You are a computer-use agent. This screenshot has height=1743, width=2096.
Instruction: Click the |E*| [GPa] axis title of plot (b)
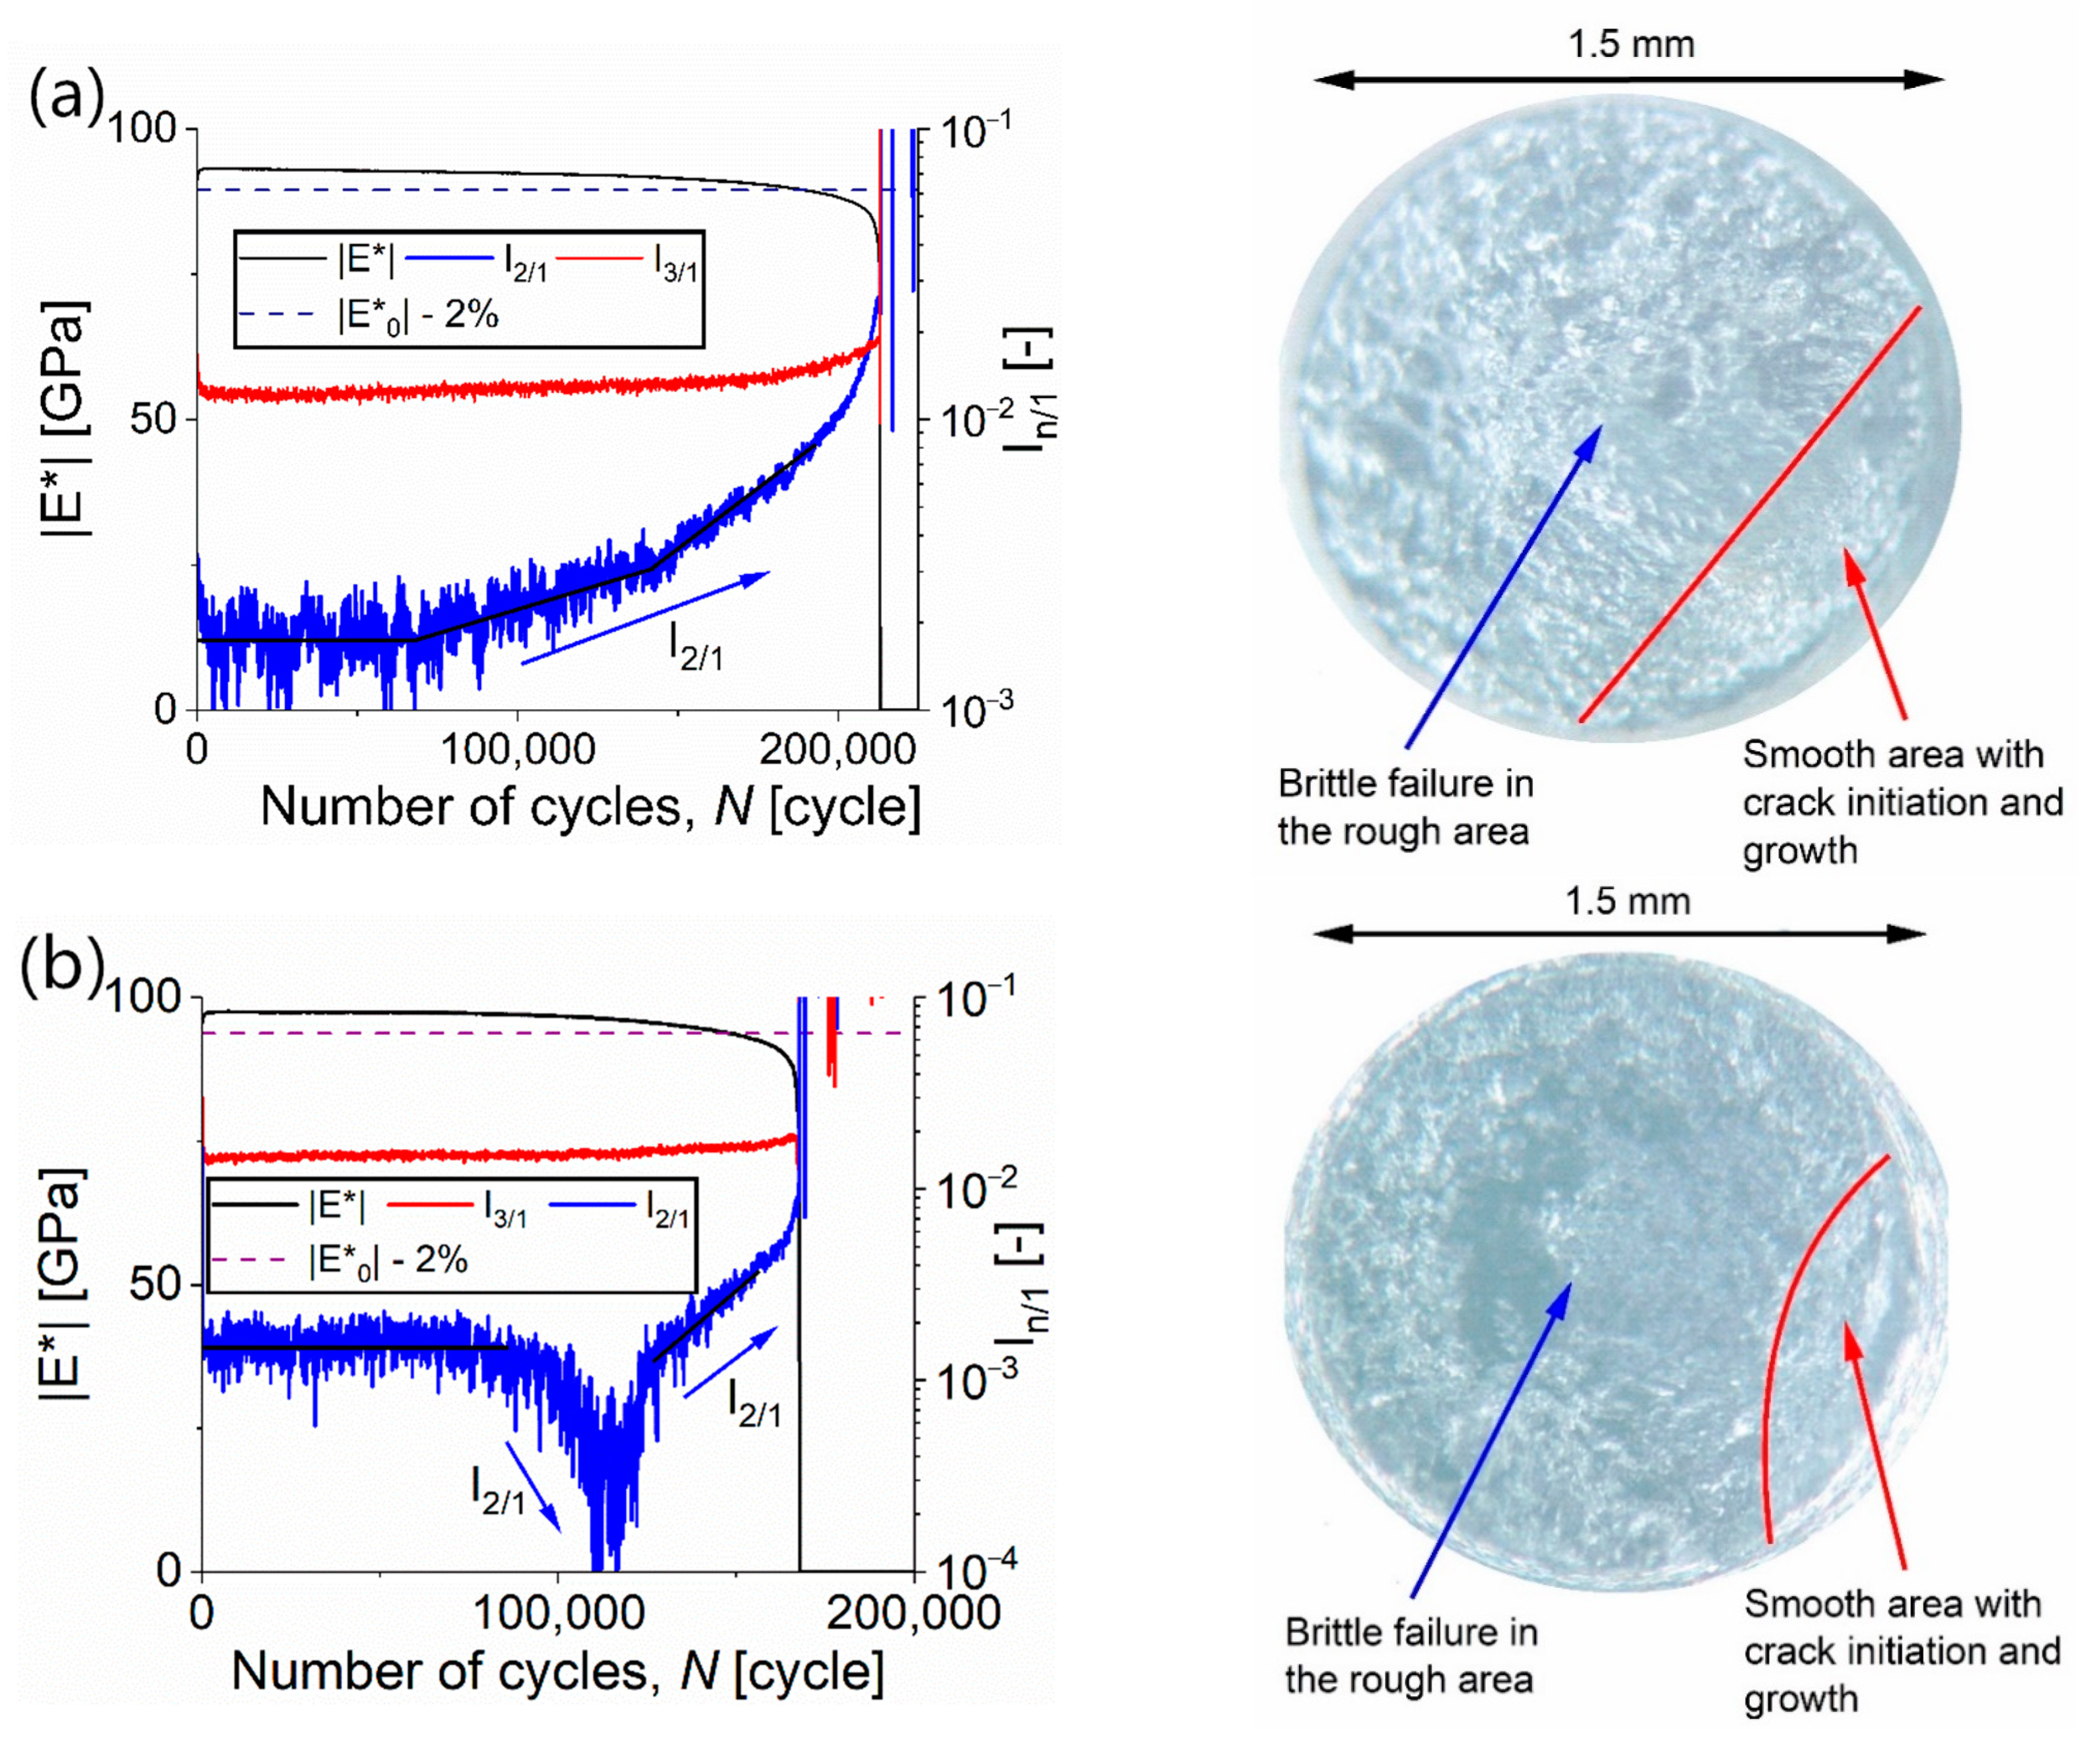[62, 1283]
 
